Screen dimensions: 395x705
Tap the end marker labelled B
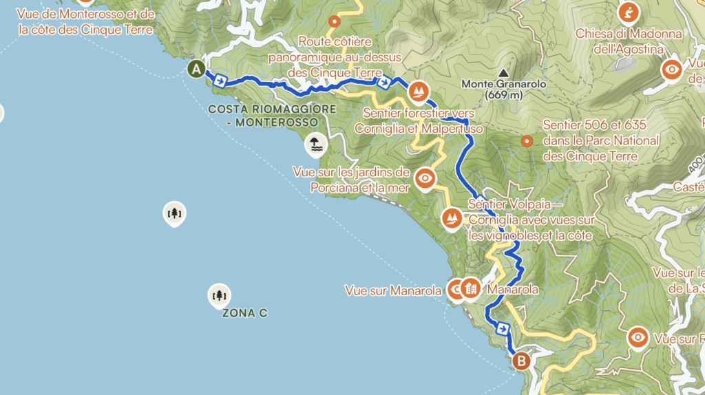tap(522, 360)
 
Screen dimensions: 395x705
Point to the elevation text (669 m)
tap(504, 95)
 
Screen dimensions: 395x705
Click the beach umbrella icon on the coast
tap(315, 145)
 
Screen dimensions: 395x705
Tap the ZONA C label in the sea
tap(244, 313)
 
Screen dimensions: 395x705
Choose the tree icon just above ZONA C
tap(219, 295)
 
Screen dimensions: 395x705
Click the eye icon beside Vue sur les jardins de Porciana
tap(425, 178)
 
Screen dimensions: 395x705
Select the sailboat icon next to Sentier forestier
tap(419, 90)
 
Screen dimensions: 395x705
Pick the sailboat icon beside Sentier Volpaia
tap(452, 218)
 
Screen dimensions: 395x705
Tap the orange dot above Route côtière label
tap(335, 21)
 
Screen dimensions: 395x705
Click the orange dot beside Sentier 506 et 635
tap(527, 141)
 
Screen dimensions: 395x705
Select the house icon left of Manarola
tap(471, 289)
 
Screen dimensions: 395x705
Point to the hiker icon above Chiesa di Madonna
tap(628, 12)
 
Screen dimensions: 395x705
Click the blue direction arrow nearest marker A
tap(220, 81)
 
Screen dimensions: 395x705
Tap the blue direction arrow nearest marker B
tap(503, 328)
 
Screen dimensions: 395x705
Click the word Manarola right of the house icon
tap(512, 290)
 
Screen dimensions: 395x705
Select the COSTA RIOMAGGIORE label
tap(272, 109)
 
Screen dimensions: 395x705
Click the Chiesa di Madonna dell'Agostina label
tap(629, 41)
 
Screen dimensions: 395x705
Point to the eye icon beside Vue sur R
tap(638, 337)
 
